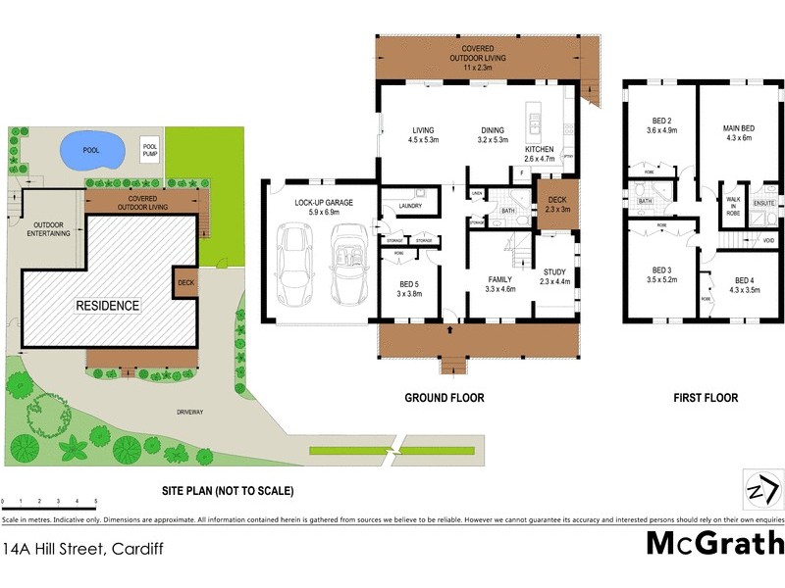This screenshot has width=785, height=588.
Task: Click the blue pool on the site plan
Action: pos(91,152)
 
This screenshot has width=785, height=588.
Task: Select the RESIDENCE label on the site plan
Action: pos(108,306)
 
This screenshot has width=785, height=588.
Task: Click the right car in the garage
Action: pos(348,265)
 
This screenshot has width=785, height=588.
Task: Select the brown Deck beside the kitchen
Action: pos(556,204)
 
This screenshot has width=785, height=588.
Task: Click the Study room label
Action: pos(555,276)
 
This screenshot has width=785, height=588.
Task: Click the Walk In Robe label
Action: pos(732,206)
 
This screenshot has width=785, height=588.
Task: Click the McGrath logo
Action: pos(715,542)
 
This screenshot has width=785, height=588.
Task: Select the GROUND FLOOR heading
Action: pos(445,398)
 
